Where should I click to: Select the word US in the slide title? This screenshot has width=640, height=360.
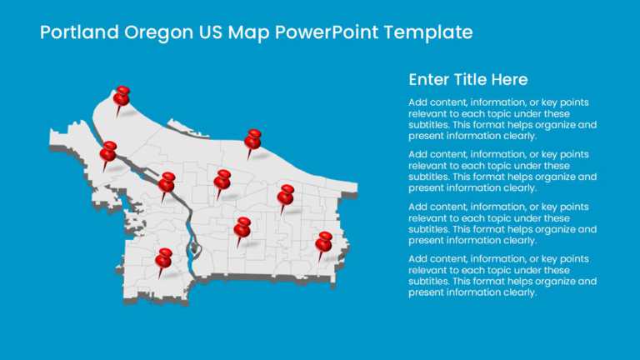point(210,32)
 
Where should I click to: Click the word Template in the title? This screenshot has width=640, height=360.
point(429,32)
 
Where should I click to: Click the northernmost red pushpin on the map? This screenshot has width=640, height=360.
point(122,97)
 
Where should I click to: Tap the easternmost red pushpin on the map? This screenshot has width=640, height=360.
point(324,242)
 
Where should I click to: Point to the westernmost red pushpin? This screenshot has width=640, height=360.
point(108,152)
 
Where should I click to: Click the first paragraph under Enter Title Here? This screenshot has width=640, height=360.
point(502,118)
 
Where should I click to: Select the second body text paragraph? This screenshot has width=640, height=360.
point(502,171)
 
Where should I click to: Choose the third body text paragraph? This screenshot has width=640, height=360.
point(502,223)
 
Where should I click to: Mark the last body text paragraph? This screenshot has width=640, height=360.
point(502,276)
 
